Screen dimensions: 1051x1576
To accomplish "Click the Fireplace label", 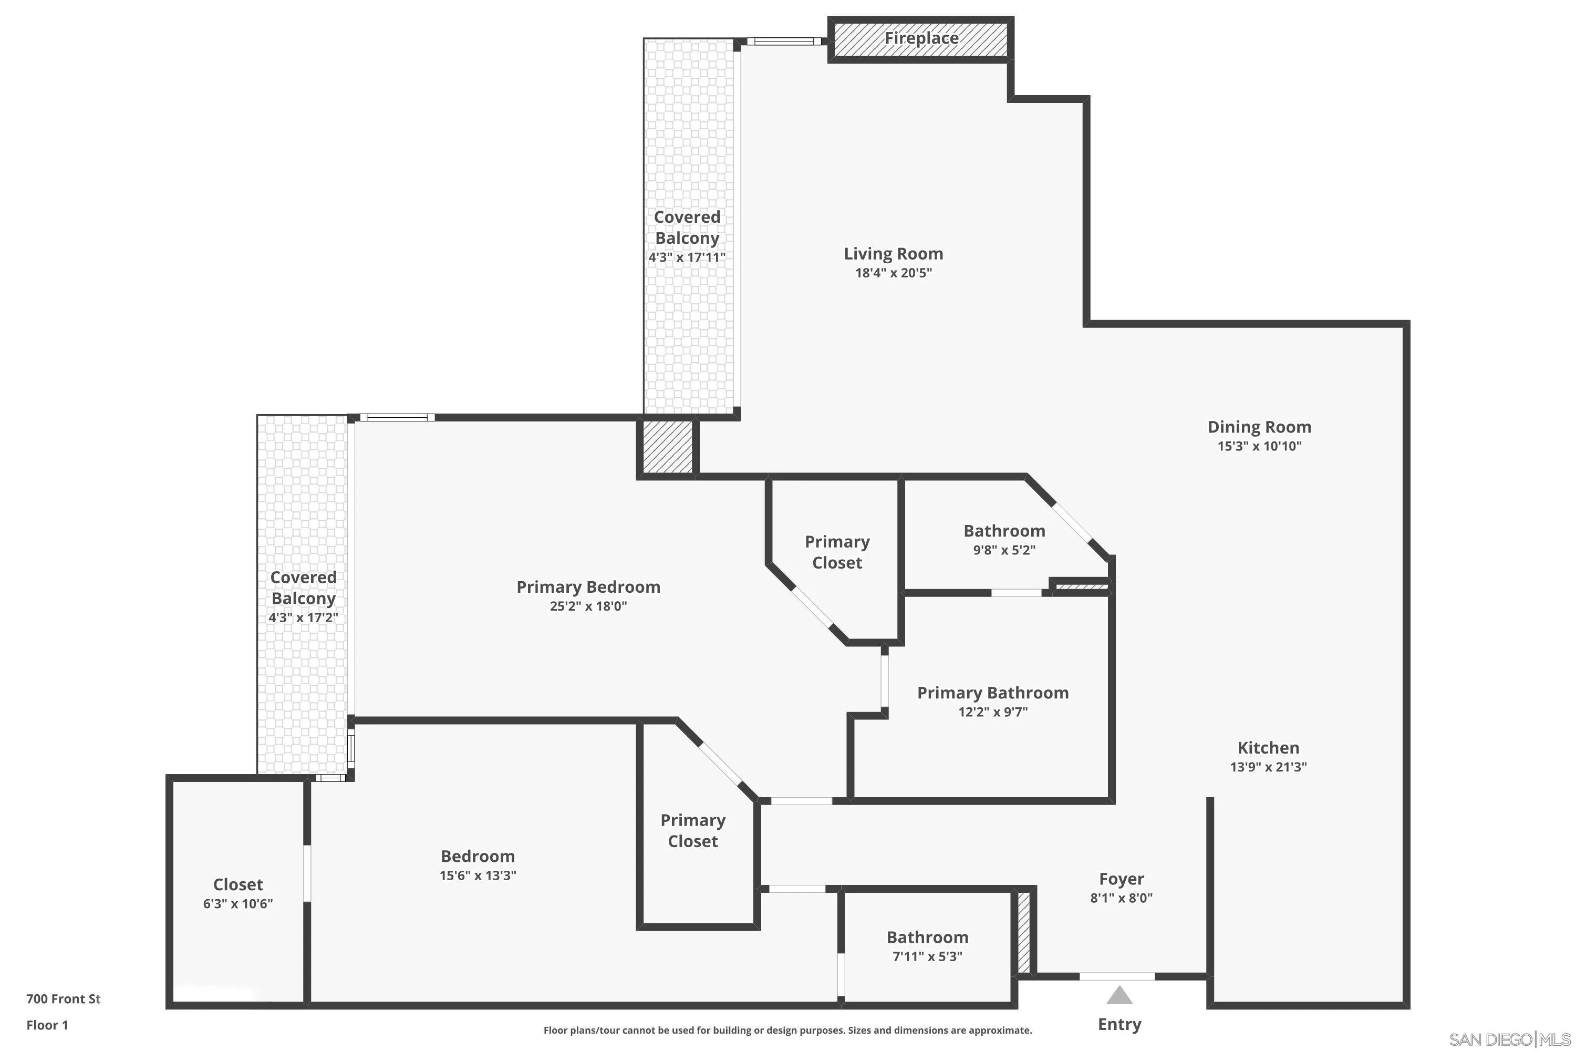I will point(921,38).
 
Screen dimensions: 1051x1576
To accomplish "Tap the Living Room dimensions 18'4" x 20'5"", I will point(893,273).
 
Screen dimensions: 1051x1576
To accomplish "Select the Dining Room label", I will point(1259,427).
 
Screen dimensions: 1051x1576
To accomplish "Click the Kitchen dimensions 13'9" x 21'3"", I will point(1268,767).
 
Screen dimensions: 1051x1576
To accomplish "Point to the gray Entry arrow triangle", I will point(1119,995).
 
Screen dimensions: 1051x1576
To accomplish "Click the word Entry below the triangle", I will point(1119,1024).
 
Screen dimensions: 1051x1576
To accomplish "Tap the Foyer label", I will point(1121,879).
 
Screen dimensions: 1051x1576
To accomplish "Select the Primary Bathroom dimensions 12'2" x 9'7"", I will point(992,712).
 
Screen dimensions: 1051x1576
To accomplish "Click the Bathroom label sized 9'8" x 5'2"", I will point(1004,531).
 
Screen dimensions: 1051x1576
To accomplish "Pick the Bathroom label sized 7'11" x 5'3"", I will point(927,937).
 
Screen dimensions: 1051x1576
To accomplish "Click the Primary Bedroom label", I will point(588,587).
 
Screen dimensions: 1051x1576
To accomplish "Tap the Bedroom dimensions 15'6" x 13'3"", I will point(477,875).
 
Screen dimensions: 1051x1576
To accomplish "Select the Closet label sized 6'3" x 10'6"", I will point(238,885).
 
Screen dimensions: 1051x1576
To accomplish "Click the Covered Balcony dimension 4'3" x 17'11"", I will point(687,257).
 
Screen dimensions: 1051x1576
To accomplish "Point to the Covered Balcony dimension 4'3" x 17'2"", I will point(303,617).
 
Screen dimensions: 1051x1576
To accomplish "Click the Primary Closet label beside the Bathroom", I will point(837,552).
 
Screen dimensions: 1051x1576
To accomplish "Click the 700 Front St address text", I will point(63,999).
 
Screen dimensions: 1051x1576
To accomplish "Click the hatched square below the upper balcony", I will point(667,448).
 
